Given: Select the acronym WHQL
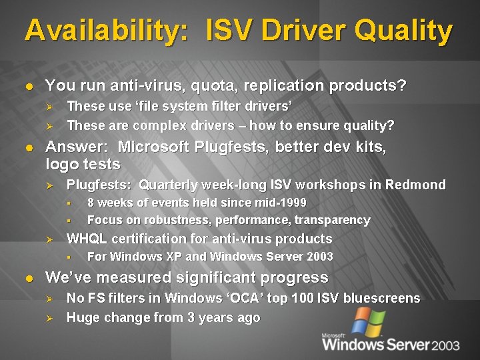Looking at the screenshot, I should [86, 239].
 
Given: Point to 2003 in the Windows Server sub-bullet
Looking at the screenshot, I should [319, 257].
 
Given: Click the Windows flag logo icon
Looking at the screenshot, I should [368, 321].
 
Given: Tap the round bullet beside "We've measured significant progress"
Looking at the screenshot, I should [28, 278].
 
